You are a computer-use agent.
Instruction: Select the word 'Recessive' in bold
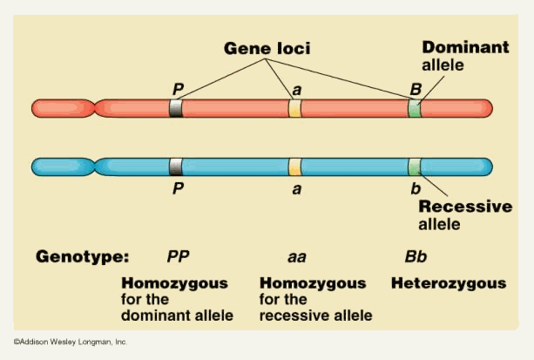point(465,207)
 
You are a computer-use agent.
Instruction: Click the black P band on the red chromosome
point(176,108)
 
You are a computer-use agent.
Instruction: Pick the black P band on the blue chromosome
point(176,166)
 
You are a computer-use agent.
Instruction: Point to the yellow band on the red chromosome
point(294,108)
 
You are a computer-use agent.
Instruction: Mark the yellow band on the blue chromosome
point(294,166)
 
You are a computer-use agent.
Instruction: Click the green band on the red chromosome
point(415,108)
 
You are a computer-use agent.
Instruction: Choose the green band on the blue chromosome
point(415,166)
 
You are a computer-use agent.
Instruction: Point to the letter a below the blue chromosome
point(296,187)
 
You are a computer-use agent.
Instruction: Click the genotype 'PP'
point(179,257)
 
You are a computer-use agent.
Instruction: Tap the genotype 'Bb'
point(416,257)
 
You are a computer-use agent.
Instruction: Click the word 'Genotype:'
point(83,257)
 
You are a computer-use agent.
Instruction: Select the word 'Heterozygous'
point(448,283)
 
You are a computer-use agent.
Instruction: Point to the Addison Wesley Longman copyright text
point(70,342)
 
